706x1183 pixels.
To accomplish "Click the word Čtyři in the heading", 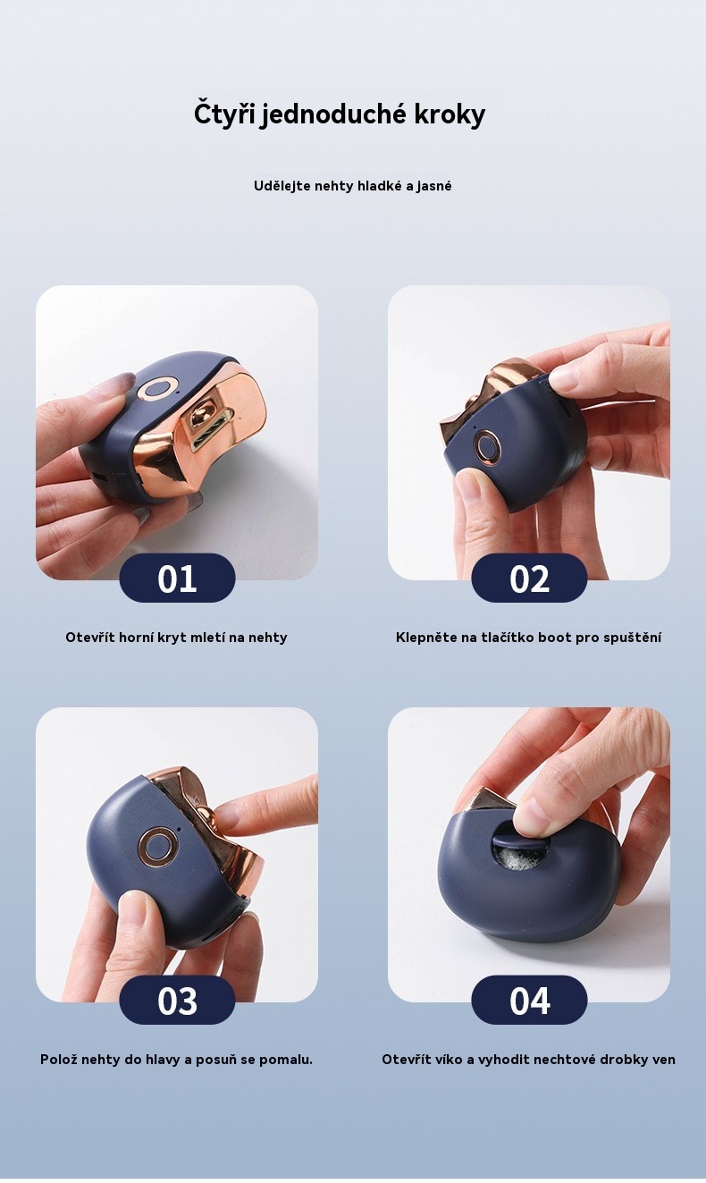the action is (225, 114).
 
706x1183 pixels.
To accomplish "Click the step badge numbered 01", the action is (177, 578).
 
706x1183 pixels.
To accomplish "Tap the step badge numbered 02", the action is (529, 578).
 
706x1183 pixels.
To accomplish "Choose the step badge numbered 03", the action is (177, 1000).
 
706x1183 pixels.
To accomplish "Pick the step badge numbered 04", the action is (529, 1000).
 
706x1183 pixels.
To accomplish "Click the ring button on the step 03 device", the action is (156, 847).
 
